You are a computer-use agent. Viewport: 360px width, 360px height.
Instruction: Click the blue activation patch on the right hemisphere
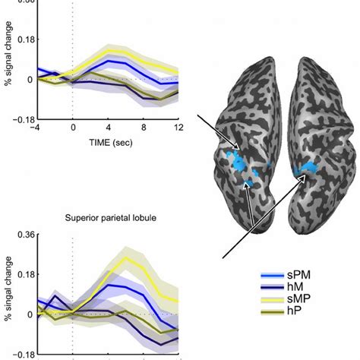(x=308, y=168)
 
